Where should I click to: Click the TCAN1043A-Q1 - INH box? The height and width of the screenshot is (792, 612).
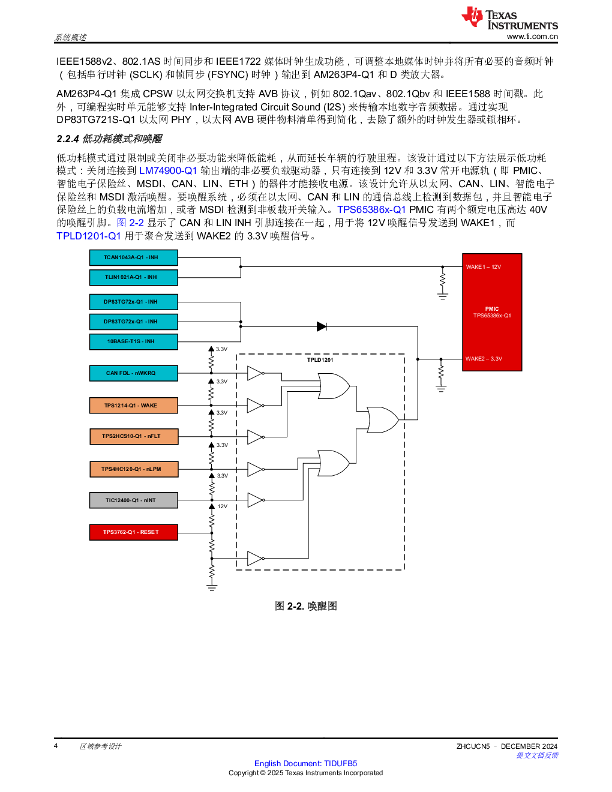(133, 257)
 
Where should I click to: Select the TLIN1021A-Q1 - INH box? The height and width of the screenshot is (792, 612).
(133, 277)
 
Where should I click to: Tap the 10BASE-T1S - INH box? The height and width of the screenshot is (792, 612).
(133, 341)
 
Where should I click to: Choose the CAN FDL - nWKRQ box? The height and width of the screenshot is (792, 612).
(133, 373)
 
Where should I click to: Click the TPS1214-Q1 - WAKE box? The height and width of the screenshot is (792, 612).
(133, 406)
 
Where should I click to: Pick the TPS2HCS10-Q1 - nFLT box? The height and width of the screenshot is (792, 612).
(133, 436)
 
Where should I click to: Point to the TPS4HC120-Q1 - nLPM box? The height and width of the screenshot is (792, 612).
(133, 469)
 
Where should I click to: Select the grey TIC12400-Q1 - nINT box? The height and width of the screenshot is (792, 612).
(133, 500)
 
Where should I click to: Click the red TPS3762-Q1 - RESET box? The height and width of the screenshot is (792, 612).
(133, 532)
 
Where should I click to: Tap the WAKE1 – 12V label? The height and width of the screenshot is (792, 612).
(483, 267)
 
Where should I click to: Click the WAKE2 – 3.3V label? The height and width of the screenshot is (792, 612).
(484, 359)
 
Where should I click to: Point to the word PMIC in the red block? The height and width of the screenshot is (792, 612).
(492, 309)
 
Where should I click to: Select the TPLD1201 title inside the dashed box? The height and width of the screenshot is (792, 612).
(320, 360)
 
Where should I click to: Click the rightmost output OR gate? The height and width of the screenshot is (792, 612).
(382, 420)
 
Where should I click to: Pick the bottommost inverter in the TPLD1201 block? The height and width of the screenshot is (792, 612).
(255, 559)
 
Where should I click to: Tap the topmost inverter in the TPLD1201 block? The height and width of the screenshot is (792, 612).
(255, 373)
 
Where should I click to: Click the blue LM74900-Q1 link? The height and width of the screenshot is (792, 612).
(168, 170)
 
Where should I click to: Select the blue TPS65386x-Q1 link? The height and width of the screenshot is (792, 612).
(371, 209)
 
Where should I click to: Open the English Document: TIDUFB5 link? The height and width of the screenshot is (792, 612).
(306, 764)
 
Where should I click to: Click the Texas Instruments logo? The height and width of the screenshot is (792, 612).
(509, 19)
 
